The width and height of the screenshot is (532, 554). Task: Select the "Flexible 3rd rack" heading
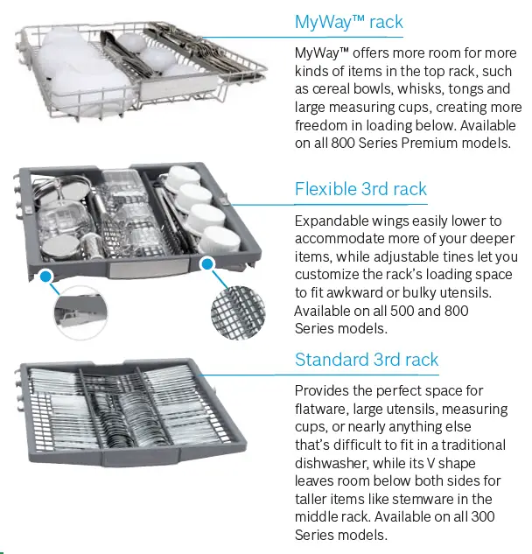pyautogui.click(x=360, y=189)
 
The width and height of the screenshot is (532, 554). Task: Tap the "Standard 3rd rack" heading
pyautogui.click(x=367, y=360)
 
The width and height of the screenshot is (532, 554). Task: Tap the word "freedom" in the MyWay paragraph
pyautogui.click(x=323, y=125)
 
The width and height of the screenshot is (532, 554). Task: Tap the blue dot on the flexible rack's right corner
pyautogui.click(x=206, y=263)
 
